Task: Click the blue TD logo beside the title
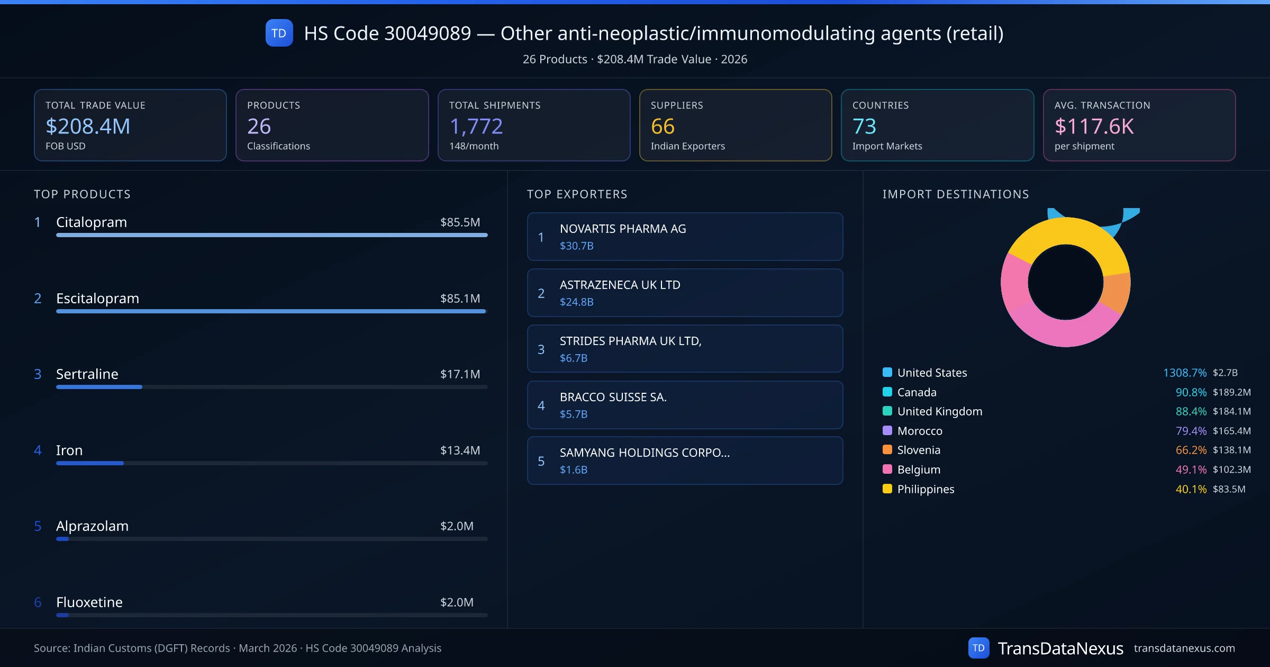[x=279, y=33]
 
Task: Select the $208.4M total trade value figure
[x=88, y=127]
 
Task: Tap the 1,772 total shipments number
[x=476, y=127]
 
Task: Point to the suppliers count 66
[x=663, y=127]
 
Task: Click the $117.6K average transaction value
[x=1094, y=127]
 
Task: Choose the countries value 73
[x=864, y=127]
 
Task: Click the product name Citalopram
[x=92, y=222]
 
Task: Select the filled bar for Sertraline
[x=99, y=387]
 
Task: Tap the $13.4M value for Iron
[x=460, y=450]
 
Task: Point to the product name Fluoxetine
[x=89, y=602]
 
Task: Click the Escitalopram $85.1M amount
[x=460, y=299]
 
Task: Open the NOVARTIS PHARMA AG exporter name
[x=623, y=229]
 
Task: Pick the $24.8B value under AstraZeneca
[x=576, y=302]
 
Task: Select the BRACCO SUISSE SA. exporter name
[x=613, y=397]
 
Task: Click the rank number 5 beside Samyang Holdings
[x=541, y=461]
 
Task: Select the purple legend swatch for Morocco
[x=887, y=431]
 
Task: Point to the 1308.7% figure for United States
[x=1184, y=373]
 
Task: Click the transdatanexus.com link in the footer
[x=1184, y=648]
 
